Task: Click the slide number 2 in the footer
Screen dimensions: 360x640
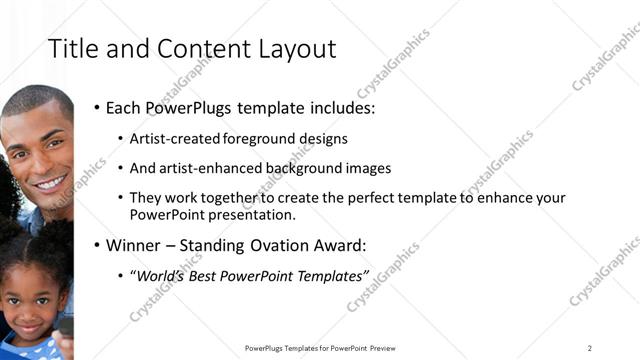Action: [590, 347]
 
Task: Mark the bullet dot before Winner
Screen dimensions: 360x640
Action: [97, 245]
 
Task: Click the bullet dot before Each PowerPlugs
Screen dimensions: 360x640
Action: [97, 107]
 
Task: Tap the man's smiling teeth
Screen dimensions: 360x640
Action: [50, 184]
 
